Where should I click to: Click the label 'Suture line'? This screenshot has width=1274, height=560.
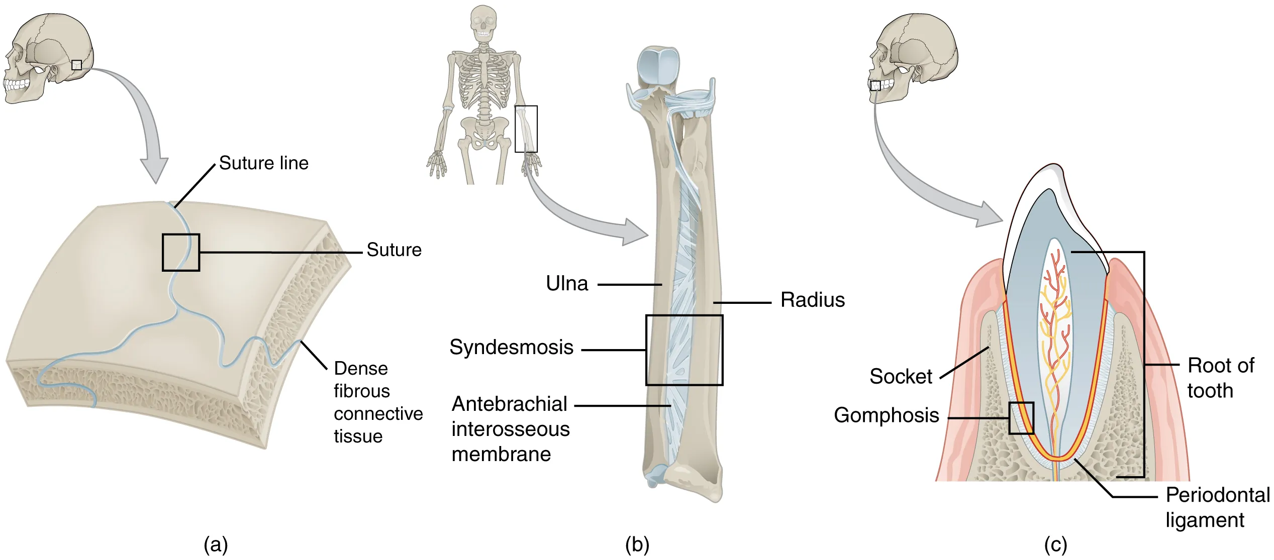pos(263,163)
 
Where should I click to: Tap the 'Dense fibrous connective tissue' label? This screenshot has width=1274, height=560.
pos(378,402)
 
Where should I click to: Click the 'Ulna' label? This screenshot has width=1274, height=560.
pos(566,284)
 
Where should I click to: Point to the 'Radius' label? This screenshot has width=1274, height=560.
pos(812,300)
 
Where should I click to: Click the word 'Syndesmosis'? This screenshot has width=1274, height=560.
pos(511,347)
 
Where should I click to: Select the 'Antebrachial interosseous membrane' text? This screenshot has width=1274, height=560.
pos(510,429)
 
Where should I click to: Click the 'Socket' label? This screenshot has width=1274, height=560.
pos(901,376)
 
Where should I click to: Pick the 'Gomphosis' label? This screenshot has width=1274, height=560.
pos(886,415)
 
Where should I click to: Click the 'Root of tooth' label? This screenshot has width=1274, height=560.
pos(1220,378)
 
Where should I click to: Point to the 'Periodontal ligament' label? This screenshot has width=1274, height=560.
pos(1217,507)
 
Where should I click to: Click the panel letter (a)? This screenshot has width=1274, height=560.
pos(216,544)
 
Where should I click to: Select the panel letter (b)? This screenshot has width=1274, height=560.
pos(637,544)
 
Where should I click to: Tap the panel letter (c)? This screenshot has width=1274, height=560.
pos(1055,544)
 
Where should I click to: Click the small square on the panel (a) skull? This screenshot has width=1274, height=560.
pos(76,65)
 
